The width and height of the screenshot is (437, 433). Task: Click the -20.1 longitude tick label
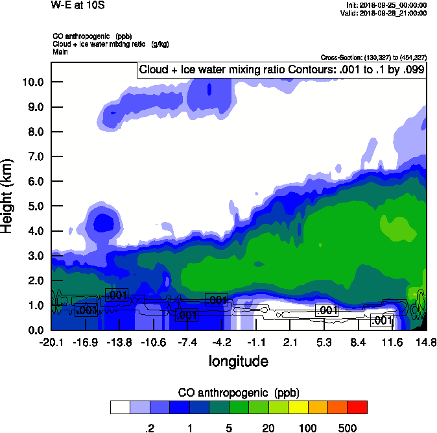click(51, 342)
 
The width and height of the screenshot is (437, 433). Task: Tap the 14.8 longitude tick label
click(426, 342)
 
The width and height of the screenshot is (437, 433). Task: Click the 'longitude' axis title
click(238, 360)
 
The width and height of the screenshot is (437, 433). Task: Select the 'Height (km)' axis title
click(8, 196)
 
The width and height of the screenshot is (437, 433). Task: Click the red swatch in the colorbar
click(357, 407)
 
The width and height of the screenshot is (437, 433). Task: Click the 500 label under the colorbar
click(348, 428)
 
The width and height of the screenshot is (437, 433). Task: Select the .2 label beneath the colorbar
click(149, 428)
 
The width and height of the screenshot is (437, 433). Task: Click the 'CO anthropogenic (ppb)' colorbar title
click(238, 393)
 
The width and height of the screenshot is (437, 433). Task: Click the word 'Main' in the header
click(61, 51)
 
